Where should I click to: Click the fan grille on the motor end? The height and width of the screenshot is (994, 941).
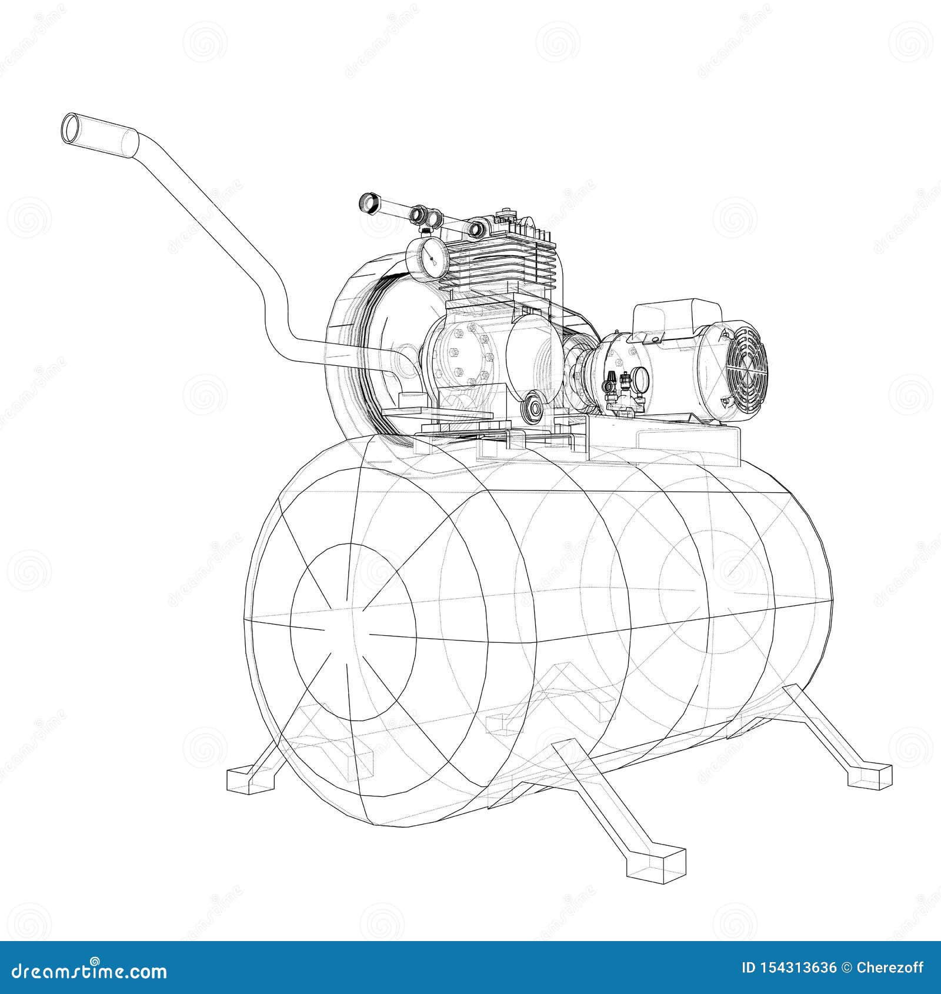[746, 369]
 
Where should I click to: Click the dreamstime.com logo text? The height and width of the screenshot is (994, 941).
[88, 969]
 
